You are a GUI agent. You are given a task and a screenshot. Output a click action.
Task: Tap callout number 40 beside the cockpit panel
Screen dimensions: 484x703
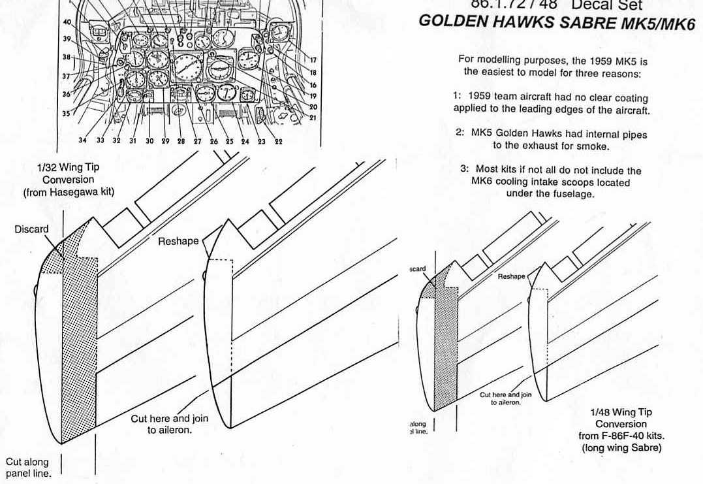(x=67, y=22)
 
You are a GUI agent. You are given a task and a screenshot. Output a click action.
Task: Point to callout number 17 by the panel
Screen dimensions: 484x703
(x=313, y=60)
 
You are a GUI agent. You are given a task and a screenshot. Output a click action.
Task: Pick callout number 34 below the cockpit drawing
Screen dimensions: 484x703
(x=82, y=140)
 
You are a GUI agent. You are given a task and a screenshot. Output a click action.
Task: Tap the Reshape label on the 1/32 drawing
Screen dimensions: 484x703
(x=178, y=241)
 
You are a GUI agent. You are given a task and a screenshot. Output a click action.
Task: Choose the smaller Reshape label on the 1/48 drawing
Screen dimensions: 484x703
(x=511, y=276)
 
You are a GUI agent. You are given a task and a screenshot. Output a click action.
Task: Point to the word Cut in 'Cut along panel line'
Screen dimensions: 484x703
(x=15, y=461)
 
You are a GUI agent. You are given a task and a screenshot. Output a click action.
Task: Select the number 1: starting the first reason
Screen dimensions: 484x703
(x=458, y=97)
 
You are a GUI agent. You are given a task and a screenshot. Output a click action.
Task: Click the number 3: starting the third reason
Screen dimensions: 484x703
(x=465, y=169)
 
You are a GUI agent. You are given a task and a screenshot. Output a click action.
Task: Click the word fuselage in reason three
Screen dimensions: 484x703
(x=573, y=193)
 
